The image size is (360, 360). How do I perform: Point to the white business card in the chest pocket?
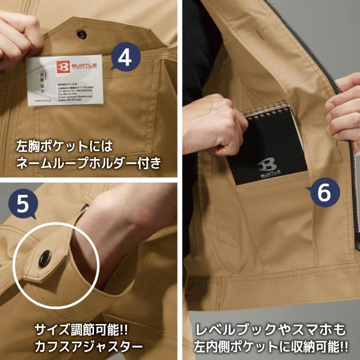tap(65, 82)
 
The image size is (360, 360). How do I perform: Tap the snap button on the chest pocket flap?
tap(80, 32)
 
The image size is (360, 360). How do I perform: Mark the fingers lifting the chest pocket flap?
tap(17, 30)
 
